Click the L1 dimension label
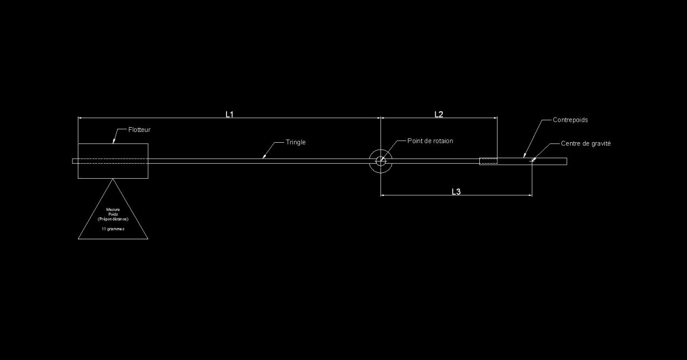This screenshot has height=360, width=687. [x=229, y=114]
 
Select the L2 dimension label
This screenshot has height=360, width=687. [x=438, y=114]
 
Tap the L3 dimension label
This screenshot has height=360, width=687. [x=456, y=192]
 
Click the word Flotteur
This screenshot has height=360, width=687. [x=139, y=130]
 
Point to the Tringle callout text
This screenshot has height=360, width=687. [x=296, y=142]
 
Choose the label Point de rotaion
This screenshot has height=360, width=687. [x=430, y=141]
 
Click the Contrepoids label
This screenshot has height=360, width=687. [x=570, y=120]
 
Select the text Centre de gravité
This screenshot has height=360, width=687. [x=586, y=144]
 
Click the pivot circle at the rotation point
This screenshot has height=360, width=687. [x=381, y=161]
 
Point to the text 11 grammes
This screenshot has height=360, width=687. [x=113, y=229]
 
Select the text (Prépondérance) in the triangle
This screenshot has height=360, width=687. [x=113, y=219]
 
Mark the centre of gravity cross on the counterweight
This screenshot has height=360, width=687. [x=532, y=160]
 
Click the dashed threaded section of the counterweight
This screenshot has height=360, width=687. [x=488, y=161]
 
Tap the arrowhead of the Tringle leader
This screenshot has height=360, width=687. [x=264, y=157]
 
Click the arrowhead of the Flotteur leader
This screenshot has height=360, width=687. [x=114, y=142]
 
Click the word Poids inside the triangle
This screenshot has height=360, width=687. [x=113, y=214]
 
